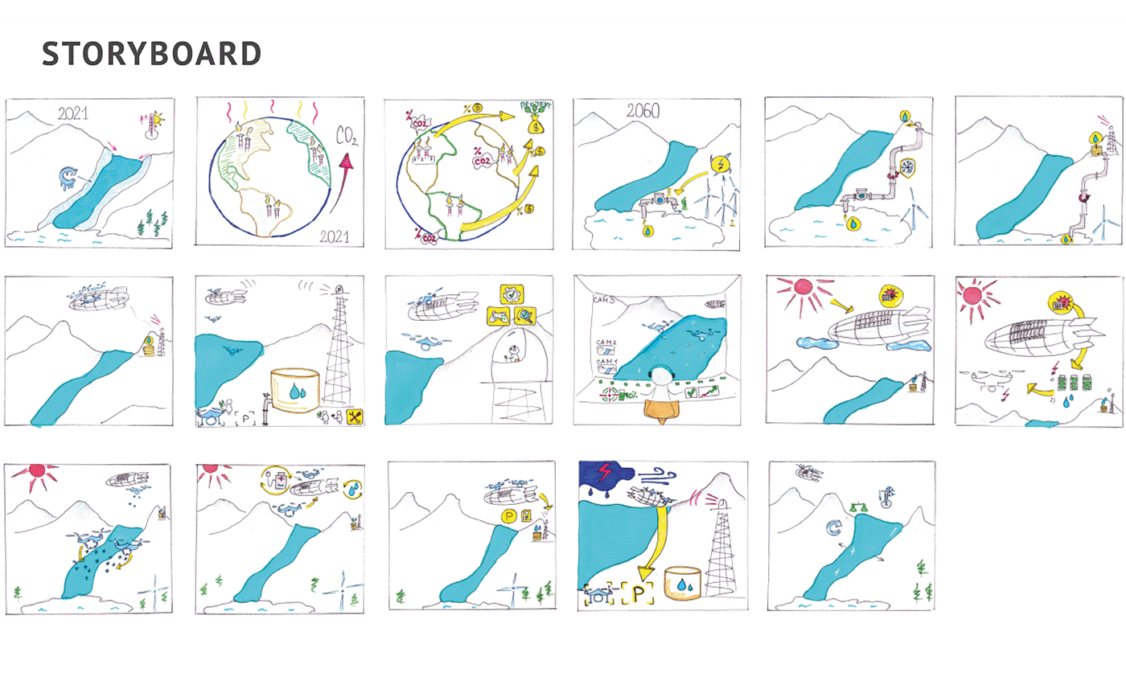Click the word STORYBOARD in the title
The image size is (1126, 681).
151,54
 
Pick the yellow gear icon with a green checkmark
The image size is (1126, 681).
514,295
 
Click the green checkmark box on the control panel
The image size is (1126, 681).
690,393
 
